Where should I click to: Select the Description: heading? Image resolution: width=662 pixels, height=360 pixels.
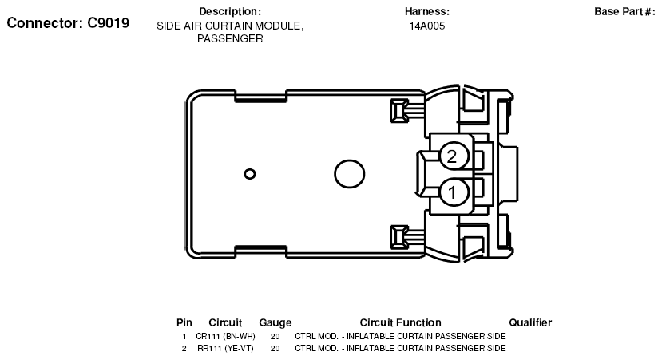[230, 11]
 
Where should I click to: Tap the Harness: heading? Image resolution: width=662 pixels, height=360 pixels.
[427, 11]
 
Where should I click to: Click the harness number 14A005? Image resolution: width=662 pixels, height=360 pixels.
[427, 26]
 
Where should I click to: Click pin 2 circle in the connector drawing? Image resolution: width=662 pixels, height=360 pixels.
[452, 156]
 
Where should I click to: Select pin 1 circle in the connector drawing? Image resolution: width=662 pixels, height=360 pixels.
[452, 192]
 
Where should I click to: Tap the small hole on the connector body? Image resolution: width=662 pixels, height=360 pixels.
[250, 173]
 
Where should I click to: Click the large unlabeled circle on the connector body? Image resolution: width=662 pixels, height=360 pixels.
[348, 173]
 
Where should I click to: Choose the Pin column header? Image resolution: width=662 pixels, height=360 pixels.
[184, 322]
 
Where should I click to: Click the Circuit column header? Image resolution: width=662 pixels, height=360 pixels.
[225, 322]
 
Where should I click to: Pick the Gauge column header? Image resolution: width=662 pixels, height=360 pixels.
[275, 322]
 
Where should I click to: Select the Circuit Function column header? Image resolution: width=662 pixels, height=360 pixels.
[400, 322]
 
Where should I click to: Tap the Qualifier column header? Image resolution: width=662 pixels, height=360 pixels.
[529, 322]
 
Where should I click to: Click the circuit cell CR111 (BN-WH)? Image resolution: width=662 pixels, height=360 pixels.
[225, 336]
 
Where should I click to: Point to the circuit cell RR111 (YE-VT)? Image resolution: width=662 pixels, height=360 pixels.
[225, 348]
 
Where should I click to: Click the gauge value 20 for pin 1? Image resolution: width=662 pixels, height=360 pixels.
[275, 336]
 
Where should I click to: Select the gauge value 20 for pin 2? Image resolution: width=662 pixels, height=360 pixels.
[275, 348]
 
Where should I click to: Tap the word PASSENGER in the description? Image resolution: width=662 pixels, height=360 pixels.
[230, 38]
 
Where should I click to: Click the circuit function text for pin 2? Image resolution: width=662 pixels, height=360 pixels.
[400, 348]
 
